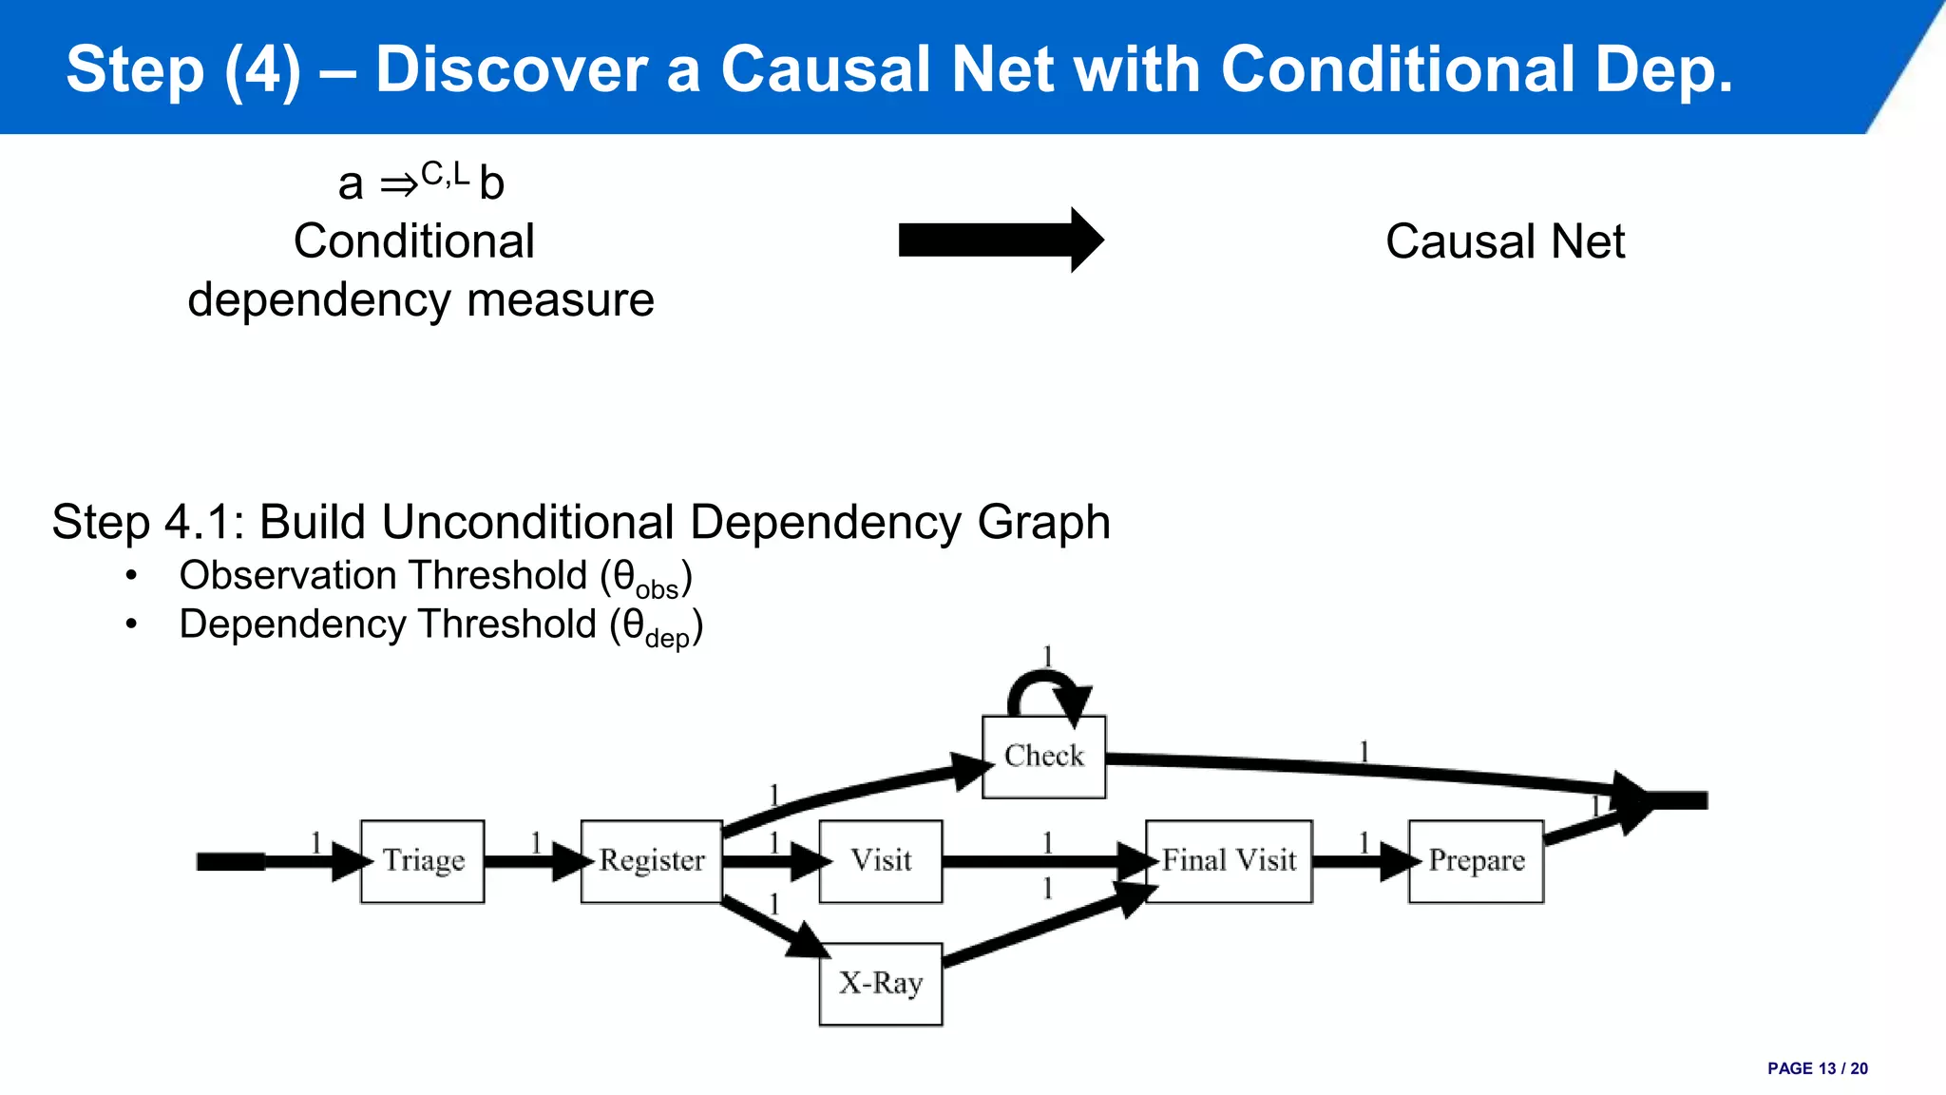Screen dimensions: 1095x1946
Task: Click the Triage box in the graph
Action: pyautogui.click(x=423, y=861)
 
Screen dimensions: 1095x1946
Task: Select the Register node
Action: pyautogui.click(x=652, y=861)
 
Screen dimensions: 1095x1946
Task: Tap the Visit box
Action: pyautogui.click(x=881, y=861)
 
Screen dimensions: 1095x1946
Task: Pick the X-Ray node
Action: pyautogui.click(x=881, y=984)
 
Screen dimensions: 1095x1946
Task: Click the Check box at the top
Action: pyautogui.click(x=1043, y=757)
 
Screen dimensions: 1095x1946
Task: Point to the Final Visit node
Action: pyautogui.click(x=1229, y=861)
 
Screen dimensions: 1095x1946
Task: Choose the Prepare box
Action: pyautogui.click(x=1476, y=861)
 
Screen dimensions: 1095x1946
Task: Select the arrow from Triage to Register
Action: pyautogui.click(x=532, y=862)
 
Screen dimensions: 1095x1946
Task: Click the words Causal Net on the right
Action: pyautogui.click(x=1505, y=241)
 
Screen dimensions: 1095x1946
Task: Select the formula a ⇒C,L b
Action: pyautogui.click(x=421, y=182)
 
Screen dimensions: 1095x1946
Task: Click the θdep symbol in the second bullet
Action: pyautogui.click(x=656, y=627)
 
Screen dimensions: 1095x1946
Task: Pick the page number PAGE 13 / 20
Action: pyautogui.click(x=1817, y=1068)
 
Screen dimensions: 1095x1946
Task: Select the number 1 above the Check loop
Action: pyautogui.click(x=1047, y=657)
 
